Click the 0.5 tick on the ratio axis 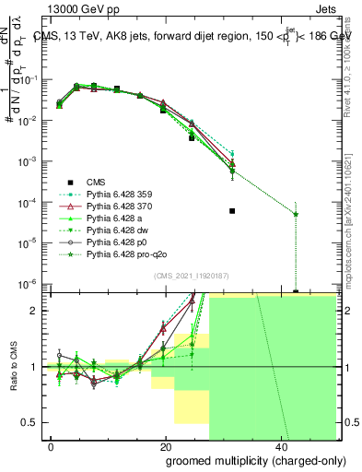(x=34, y=422)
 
